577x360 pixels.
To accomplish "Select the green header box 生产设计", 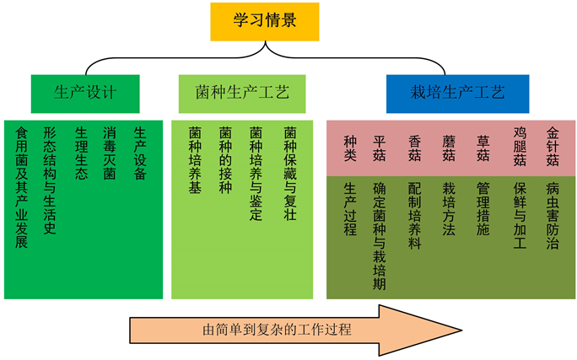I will (84, 93).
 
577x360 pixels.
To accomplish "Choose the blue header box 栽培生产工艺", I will (458, 93).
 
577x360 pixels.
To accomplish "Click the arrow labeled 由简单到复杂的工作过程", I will (295, 329).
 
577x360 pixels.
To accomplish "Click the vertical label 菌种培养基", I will (195, 160).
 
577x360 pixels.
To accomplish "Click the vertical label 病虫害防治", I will (553, 215).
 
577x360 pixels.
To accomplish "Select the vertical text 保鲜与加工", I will (520, 215).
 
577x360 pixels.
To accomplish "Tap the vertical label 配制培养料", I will (414, 215).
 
